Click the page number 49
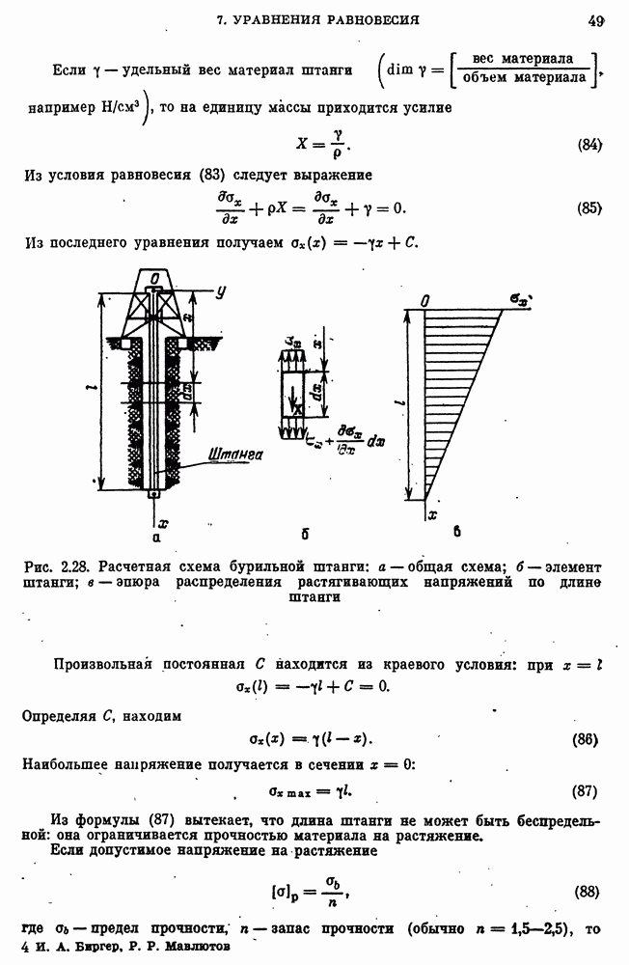point(594,19)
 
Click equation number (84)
point(589,145)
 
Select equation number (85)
point(589,208)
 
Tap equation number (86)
point(586,740)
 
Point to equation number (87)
point(586,791)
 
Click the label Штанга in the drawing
point(242,450)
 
